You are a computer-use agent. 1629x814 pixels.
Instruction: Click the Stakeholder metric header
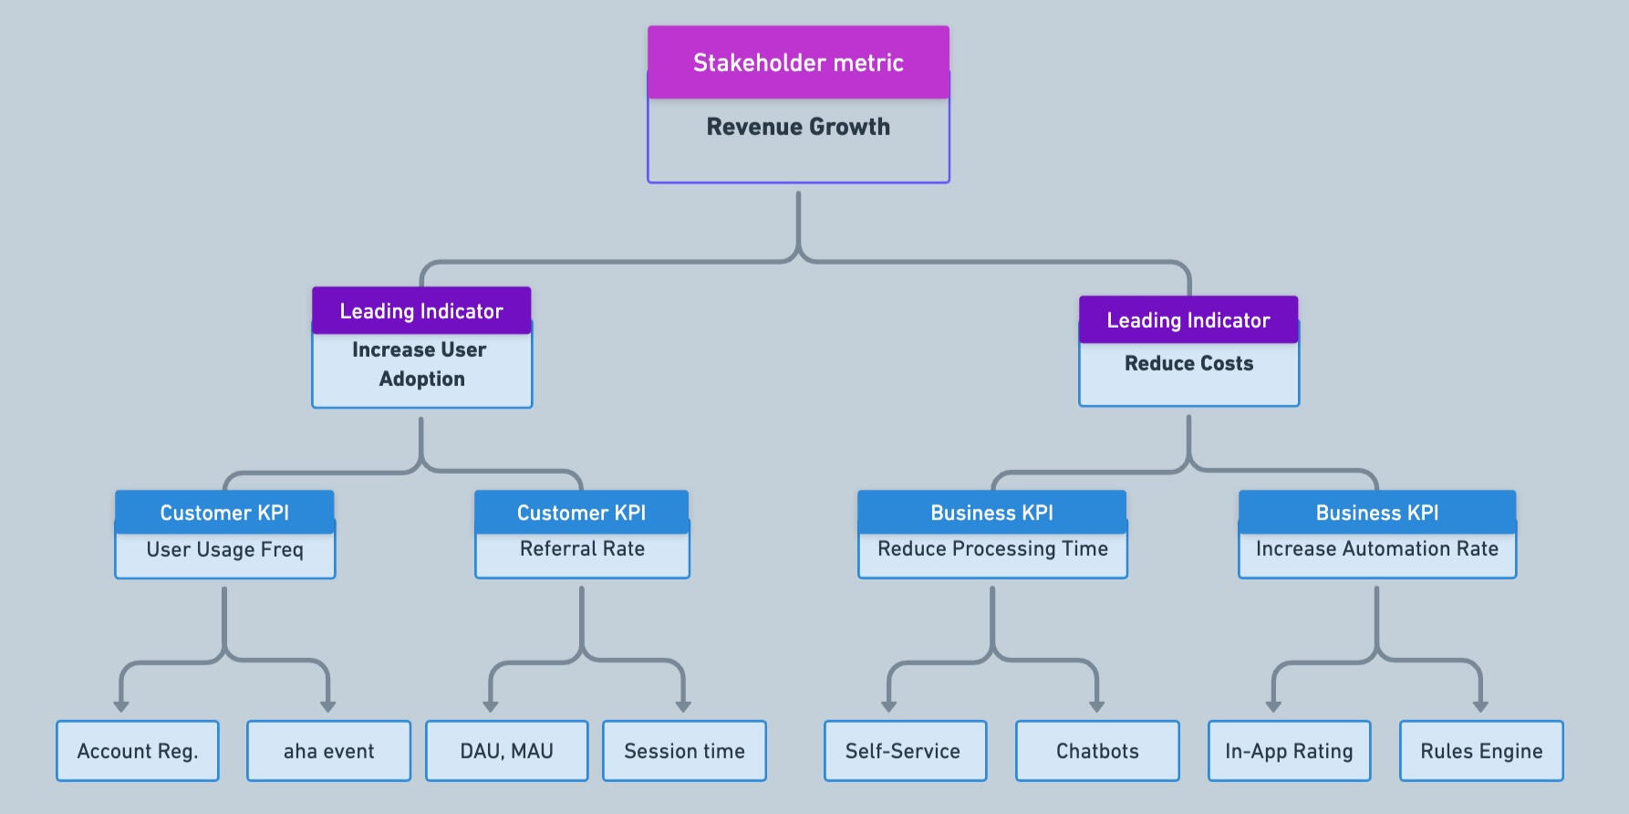(798, 62)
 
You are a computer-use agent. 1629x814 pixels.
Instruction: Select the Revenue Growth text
(798, 127)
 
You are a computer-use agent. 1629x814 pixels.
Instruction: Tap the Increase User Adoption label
(420, 364)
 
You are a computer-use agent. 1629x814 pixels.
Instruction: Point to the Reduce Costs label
(1188, 363)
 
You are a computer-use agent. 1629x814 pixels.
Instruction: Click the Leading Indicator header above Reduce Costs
(1188, 320)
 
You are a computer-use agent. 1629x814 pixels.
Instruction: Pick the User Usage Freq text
(224, 549)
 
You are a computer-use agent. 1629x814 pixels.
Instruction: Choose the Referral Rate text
(582, 548)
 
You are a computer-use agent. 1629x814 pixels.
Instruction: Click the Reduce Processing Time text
(992, 548)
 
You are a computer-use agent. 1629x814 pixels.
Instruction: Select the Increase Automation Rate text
(1376, 548)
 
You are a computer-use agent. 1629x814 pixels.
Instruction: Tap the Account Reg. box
(138, 751)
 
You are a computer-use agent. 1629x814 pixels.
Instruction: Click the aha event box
(328, 751)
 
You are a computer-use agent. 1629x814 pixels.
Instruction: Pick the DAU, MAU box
(506, 751)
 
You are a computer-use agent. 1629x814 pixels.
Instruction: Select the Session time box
(684, 751)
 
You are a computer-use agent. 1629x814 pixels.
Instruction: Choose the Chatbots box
(1097, 751)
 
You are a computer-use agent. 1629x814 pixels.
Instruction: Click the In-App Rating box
(1289, 751)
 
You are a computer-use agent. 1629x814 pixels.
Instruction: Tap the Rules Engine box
(1481, 751)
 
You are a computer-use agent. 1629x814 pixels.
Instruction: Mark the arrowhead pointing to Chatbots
(1097, 705)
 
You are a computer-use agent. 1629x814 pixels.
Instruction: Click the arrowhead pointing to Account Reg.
(121, 705)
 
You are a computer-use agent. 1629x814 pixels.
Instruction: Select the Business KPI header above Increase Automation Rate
(1376, 513)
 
